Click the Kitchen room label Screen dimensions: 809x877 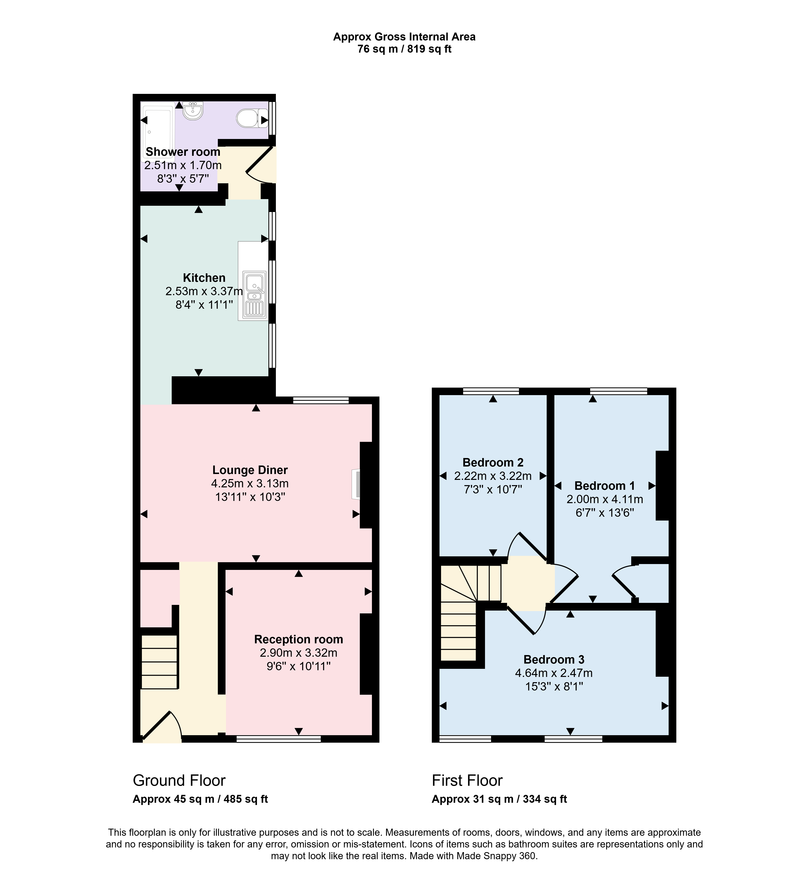[x=204, y=278]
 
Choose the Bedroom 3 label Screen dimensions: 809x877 [x=554, y=659]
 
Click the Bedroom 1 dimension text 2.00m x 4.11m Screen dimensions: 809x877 [x=605, y=499]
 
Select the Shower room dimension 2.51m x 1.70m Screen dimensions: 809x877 [x=183, y=165]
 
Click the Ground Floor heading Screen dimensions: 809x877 [x=179, y=780]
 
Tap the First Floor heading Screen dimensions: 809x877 [x=467, y=780]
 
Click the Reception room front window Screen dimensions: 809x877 [x=278, y=739]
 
